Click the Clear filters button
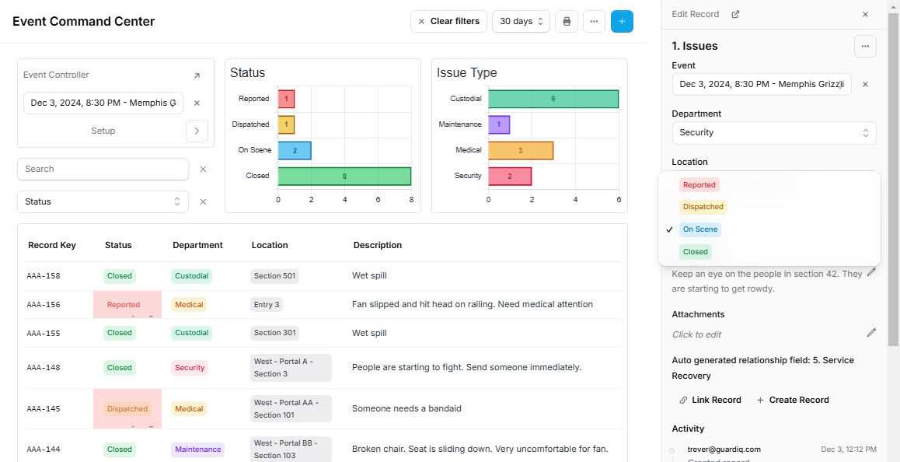click(448, 21)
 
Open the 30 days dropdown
click(521, 21)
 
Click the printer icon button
click(567, 21)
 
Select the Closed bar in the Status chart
click(344, 176)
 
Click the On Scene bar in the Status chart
click(295, 150)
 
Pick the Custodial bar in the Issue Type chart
click(553, 99)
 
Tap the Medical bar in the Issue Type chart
click(520, 150)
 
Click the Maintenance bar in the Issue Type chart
click(499, 124)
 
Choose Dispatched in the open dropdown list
click(703, 207)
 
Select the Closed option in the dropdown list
click(695, 251)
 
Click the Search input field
click(103, 169)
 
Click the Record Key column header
click(52, 245)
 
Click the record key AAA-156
click(44, 305)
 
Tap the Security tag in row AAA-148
click(190, 368)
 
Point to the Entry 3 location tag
click(267, 305)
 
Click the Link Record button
click(710, 400)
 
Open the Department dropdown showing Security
click(773, 132)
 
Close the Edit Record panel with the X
click(865, 14)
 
